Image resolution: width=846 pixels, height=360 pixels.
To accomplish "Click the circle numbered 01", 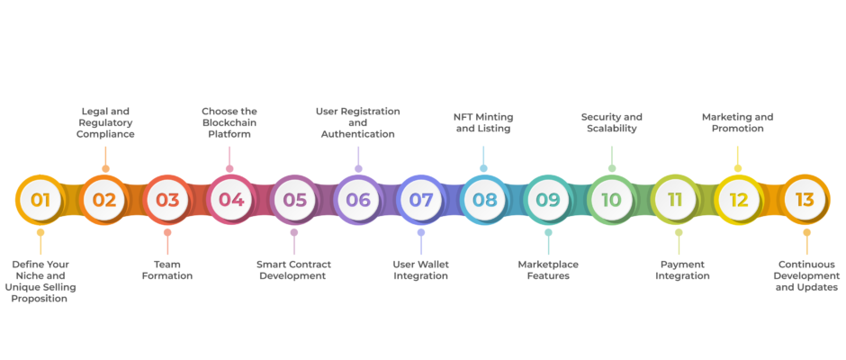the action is coord(40,200).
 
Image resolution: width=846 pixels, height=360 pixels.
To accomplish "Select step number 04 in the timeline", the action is coord(231,200).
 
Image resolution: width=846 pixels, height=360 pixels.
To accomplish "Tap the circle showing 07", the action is coord(421,200).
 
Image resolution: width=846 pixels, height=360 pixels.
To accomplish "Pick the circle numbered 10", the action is coord(612,200).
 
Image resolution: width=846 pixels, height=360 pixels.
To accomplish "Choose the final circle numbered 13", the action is coord(805,200).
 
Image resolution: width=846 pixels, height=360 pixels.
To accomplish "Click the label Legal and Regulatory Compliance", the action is coord(105,122).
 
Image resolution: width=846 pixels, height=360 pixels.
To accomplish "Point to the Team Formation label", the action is coord(167,270).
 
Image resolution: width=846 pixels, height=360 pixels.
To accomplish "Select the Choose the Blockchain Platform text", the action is coord(229,122).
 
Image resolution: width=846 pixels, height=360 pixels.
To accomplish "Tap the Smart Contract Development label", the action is coord(293,270).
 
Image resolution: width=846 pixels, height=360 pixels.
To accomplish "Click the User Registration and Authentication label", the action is coord(357,122).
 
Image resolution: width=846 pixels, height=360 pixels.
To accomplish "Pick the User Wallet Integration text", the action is coord(421,270).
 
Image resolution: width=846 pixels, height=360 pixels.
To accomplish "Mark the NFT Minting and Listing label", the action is coord(483,122).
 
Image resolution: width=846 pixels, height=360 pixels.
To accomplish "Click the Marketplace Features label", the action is coord(548,270).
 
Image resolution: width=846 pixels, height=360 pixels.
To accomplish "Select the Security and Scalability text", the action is coord(612,122).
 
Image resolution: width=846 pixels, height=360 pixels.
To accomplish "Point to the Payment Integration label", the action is coord(682,270).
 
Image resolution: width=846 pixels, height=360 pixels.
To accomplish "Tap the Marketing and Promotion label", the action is coord(738,122).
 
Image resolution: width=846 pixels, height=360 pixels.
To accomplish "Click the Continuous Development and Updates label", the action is coord(806,275).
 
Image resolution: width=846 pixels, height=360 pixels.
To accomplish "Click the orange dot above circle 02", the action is coord(106,169).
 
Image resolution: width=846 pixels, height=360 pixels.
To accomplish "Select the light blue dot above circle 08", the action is coord(483,168).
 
